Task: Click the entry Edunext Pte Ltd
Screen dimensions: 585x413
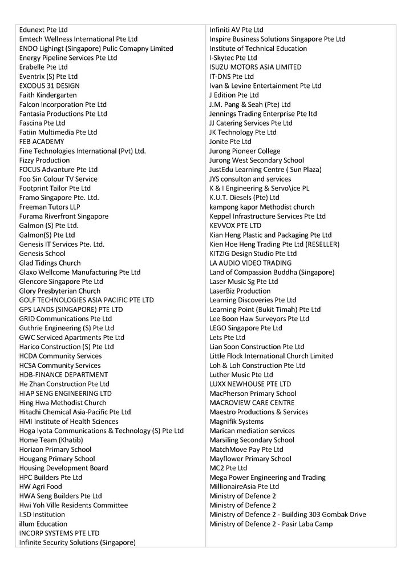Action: point(43,30)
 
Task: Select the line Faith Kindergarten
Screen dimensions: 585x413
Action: point(48,95)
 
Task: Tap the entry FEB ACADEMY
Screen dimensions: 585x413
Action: point(42,142)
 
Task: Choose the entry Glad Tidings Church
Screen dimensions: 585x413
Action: point(50,263)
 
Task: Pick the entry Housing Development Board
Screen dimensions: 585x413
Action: point(63,468)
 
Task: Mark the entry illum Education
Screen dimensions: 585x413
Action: point(43,524)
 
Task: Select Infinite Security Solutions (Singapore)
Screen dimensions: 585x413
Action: point(78,542)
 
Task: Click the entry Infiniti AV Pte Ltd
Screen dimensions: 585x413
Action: point(236,30)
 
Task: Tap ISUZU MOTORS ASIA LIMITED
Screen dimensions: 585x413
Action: point(255,67)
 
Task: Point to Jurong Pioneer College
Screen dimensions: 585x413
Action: point(245,151)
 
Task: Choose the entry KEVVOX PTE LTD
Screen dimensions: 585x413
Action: point(235,226)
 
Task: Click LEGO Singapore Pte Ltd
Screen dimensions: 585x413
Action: point(245,328)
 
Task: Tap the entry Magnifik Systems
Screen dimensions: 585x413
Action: point(236,421)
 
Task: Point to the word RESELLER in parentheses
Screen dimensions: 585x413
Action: point(322,244)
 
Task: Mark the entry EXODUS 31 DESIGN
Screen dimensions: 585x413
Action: point(45,86)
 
